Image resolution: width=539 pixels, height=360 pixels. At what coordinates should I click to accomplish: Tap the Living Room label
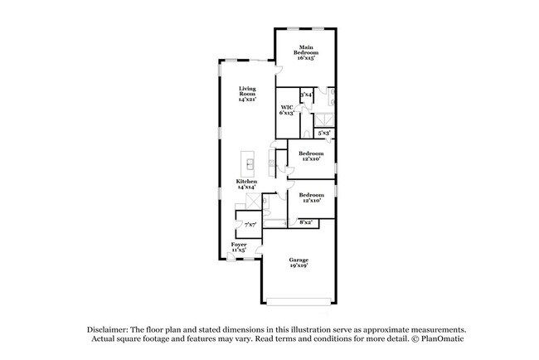pyautogui.click(x=247, y=94)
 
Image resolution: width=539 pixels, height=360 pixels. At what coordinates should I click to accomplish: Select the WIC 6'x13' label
pyautogui.click(x=288, y=110)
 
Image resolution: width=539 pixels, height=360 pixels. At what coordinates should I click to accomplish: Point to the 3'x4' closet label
pyautogui.click(x=306, y=95)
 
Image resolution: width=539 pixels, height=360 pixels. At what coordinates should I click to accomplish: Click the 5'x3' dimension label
pyautogui.click(x=325, y=132)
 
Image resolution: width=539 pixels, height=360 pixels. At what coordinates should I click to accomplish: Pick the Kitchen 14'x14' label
pyautogui.click(x=246, y=184)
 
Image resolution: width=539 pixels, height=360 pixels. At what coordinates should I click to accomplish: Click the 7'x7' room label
pyautogui.click(x=250, y=224)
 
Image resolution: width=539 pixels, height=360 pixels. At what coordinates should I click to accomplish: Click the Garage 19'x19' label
pyautogui.click(x=299, y=263)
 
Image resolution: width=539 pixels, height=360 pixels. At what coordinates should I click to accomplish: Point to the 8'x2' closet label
pyautogui.click(x=306, y=222)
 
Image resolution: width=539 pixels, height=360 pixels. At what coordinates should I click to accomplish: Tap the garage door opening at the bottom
pyautogui.click(x=299, y=299)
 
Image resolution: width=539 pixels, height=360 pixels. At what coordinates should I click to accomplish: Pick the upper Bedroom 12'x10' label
pyautogui.click(x=312, y=156)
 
